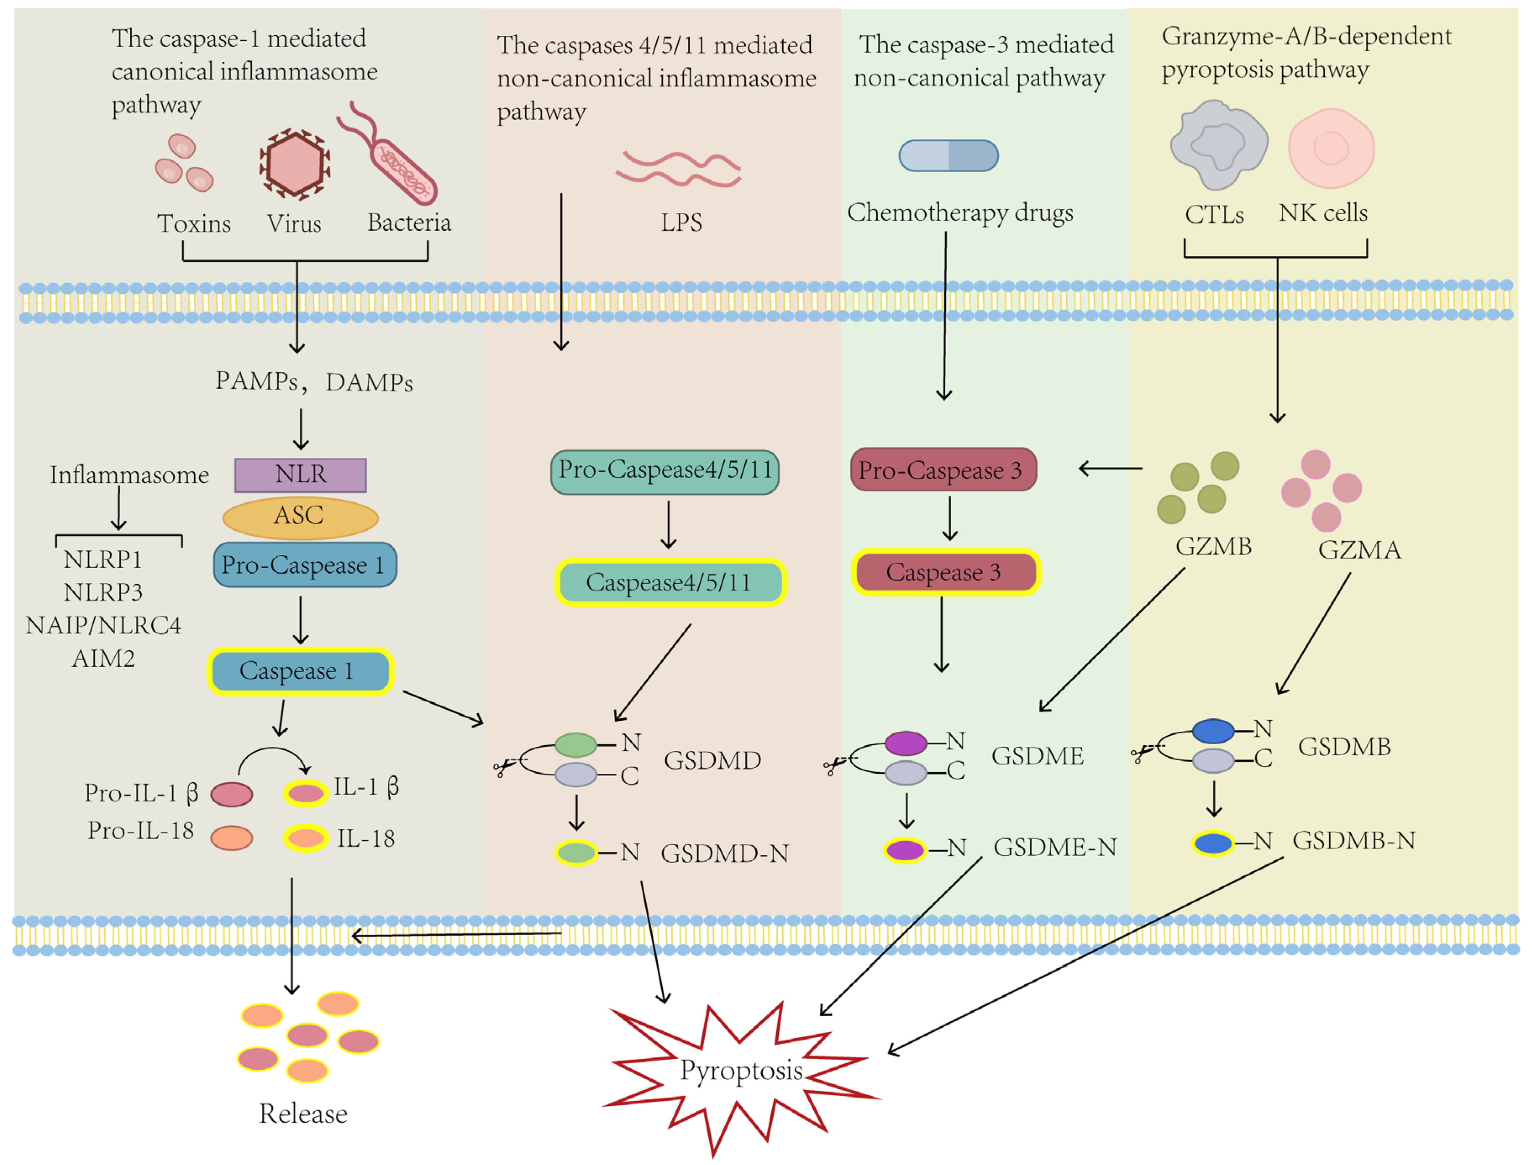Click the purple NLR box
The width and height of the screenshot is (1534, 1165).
coord(300,475)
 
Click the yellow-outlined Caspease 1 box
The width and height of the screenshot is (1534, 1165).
coord(300,671)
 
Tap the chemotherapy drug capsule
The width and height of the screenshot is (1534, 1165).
coord(948,156)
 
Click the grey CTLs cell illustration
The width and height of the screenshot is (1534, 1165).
coord(1218,145)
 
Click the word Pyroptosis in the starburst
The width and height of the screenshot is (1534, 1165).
coord(741,1070)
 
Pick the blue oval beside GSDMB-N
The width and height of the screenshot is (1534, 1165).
coord(1213,843)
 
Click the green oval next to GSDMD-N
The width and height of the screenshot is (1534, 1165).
coord(576,852)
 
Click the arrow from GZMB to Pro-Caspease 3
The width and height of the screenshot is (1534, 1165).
coord(1110,469)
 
